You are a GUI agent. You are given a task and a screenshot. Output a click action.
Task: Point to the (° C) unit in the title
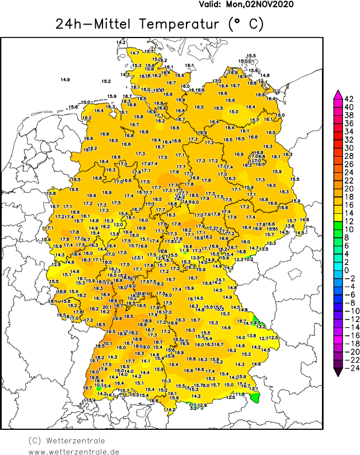[245, 25]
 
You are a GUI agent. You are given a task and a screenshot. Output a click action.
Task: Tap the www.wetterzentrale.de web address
[74, 451]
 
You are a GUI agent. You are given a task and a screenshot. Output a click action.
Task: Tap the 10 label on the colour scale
[348, 229]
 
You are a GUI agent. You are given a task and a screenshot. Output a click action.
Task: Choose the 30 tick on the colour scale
[348, 148]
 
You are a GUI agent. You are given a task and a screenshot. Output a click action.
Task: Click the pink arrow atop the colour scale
[338, 93]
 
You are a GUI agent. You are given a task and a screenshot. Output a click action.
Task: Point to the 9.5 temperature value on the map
[257, 322]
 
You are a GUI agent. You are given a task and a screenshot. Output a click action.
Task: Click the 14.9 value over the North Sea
[65, 80]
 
